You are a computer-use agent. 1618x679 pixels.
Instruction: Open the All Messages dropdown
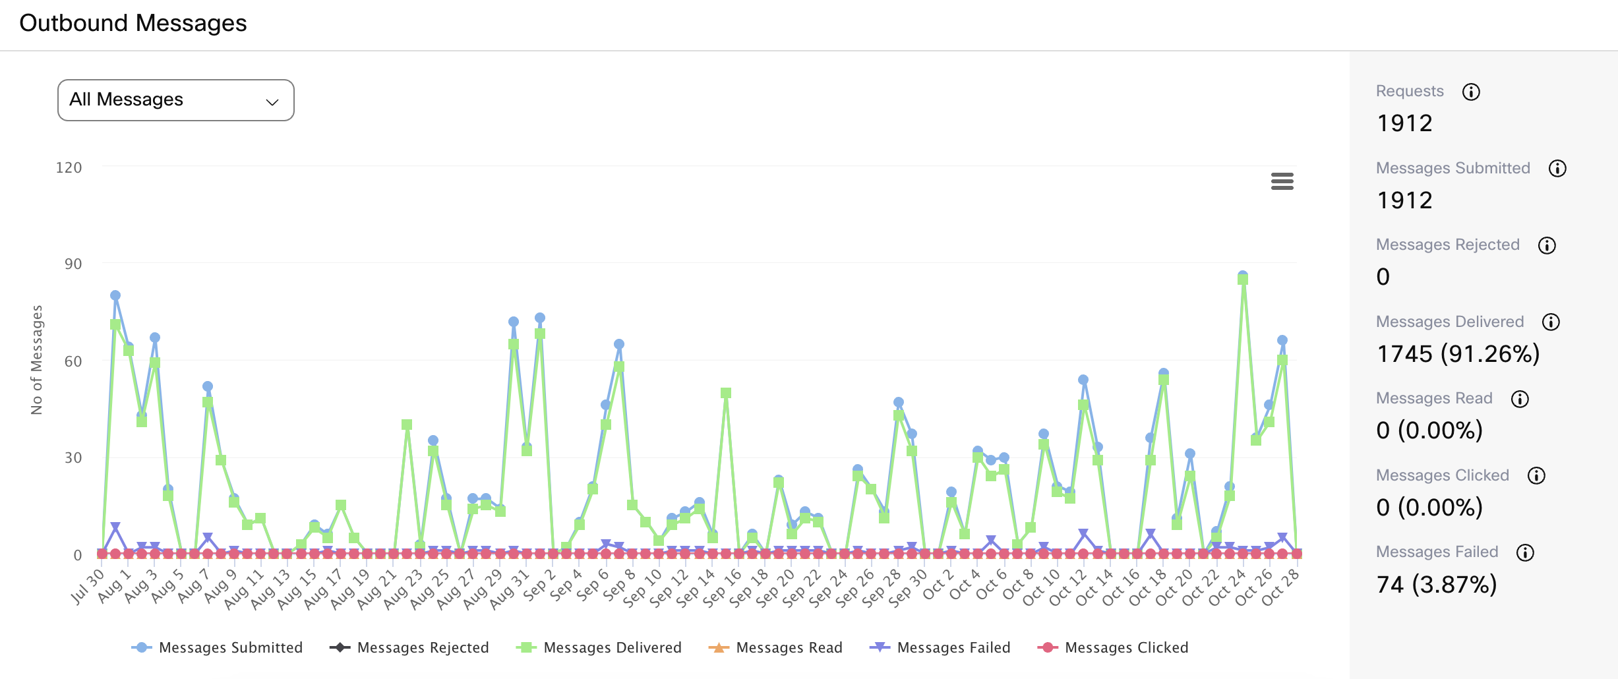click(175, 100)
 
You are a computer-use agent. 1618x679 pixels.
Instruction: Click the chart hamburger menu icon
click(1282, 181)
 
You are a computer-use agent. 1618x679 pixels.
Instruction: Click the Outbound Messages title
click(133, 23)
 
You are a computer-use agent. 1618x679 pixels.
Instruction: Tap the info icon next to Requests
click(1471, 92)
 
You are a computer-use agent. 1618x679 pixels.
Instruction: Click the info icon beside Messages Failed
click(1525, 552)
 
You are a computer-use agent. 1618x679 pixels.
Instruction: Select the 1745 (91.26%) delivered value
click(1458, 354)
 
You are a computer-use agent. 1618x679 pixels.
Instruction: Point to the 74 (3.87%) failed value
click(1437, 585)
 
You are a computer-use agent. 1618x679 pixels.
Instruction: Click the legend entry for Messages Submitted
click(218, 647)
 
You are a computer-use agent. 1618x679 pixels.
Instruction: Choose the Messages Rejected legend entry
click(409, 647)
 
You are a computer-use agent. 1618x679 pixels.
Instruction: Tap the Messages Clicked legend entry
click(1113, 647)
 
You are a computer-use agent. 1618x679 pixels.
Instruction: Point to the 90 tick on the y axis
click(73, 264)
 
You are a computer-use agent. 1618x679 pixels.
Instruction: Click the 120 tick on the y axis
click(69, 167)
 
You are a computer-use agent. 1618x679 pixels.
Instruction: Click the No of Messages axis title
click(37, 360)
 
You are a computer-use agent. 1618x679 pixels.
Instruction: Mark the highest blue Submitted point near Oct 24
click(1243, 276)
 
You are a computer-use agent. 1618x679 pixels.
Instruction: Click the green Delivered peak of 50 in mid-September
click(726, 393)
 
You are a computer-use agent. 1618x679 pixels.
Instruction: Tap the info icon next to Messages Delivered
click(1551, 322)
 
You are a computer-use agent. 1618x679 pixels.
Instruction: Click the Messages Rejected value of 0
click(1383, 277)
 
